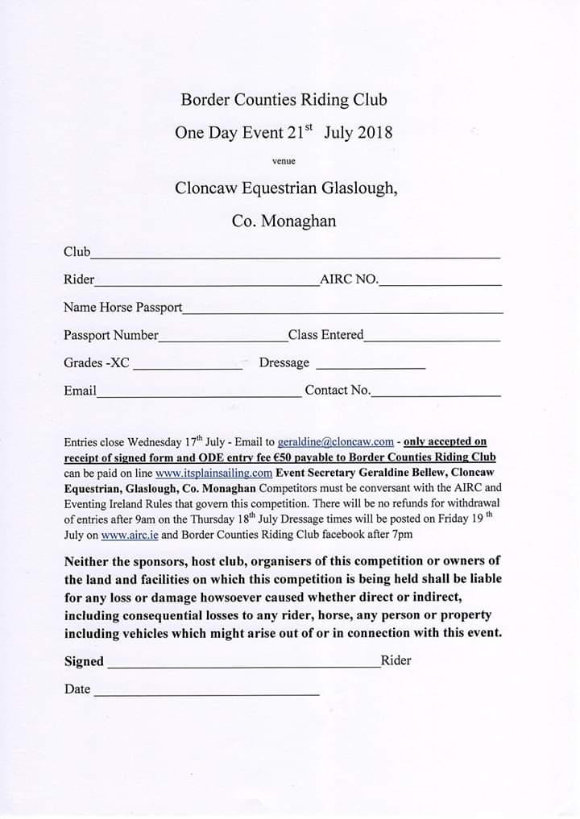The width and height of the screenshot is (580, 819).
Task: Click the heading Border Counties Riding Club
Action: [284, 100]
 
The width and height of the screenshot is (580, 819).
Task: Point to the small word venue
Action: [284, 161]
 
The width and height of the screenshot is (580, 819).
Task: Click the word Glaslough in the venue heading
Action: [358, 188]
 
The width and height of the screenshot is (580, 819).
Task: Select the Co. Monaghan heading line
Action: [284, 220]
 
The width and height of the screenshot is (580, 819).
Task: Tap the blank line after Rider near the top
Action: [206, 284]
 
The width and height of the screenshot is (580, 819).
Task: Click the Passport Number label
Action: [111, 335]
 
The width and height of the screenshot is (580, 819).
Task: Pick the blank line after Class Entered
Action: [433, 340]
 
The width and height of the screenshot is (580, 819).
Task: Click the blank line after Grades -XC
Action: [187, 367]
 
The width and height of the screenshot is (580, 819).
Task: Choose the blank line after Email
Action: [198, 395]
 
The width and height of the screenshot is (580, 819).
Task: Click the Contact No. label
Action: [338, 391]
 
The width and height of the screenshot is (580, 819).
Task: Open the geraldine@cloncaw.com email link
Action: [335, 442]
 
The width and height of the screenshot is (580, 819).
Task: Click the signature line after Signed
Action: [242, 666]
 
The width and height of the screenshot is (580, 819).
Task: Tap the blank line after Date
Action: [206, 693]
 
